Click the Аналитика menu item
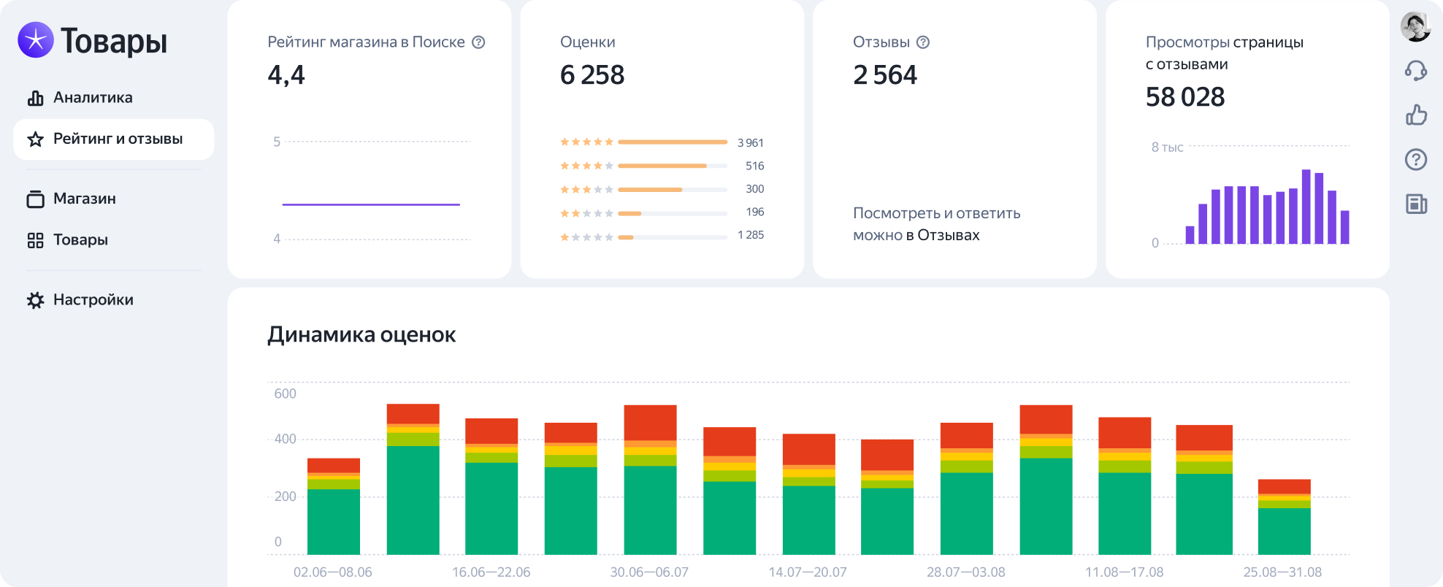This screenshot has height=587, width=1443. [x=80, y=98]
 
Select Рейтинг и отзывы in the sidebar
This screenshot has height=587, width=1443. [x=113, y=139]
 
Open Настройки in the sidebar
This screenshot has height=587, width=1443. [x=80, y=300]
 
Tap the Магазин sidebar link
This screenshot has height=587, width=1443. [x=71, y=199]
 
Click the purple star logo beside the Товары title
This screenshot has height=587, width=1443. [x=36, y=39]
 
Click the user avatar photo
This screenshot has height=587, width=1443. [x=1415, y=27]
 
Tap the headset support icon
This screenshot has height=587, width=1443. [x=1416, y=71]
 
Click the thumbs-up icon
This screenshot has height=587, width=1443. [x=1416, y=115]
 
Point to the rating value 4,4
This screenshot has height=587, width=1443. [x=286, y=75]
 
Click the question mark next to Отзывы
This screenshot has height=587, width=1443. [x=923, y=42]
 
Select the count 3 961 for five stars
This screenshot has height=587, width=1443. [x=750, y=142]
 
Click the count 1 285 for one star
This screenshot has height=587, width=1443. [x=751, y=235]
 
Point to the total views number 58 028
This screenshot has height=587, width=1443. [x=1185, y=97]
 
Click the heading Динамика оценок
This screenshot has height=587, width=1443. [x=361, y=334]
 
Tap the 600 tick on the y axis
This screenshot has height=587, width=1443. [x=285, y=394]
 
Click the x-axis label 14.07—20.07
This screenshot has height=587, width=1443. [x=808, y=572]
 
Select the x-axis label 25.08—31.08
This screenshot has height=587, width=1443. [x=1282, y=572]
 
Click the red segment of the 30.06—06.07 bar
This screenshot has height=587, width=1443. [x=650, y=423]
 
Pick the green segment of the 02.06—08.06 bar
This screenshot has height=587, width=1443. [x=334, y=521]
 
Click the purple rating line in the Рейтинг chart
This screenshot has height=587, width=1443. [x=371, y=204]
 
